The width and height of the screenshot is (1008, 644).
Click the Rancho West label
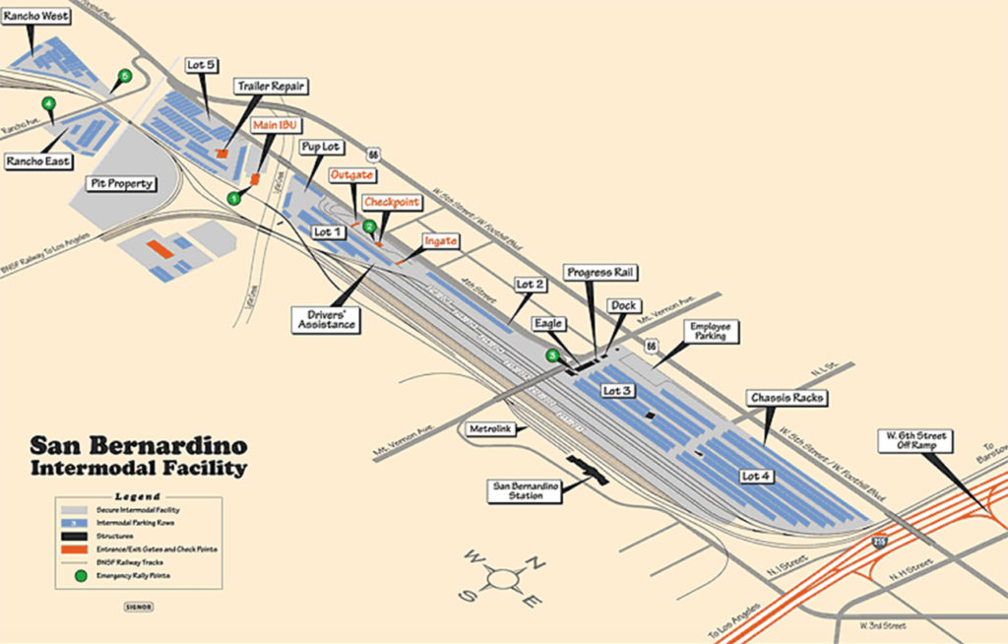coord(34,15)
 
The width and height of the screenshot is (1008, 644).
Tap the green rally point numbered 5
coord(124,76)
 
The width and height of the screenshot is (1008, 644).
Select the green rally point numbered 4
coord(48,103)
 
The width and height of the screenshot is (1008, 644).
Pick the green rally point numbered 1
coord(234,198)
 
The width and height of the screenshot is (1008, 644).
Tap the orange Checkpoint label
coord(392,202)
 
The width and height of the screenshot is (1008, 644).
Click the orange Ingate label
coord(440,240)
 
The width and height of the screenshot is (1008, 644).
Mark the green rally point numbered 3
coord(553,355)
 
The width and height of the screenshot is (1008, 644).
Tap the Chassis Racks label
coord(786,398)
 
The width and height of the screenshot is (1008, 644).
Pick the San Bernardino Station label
coord(526,491)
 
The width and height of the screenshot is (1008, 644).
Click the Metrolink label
coord(489,428)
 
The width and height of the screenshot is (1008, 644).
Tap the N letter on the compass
coord(539,563)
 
